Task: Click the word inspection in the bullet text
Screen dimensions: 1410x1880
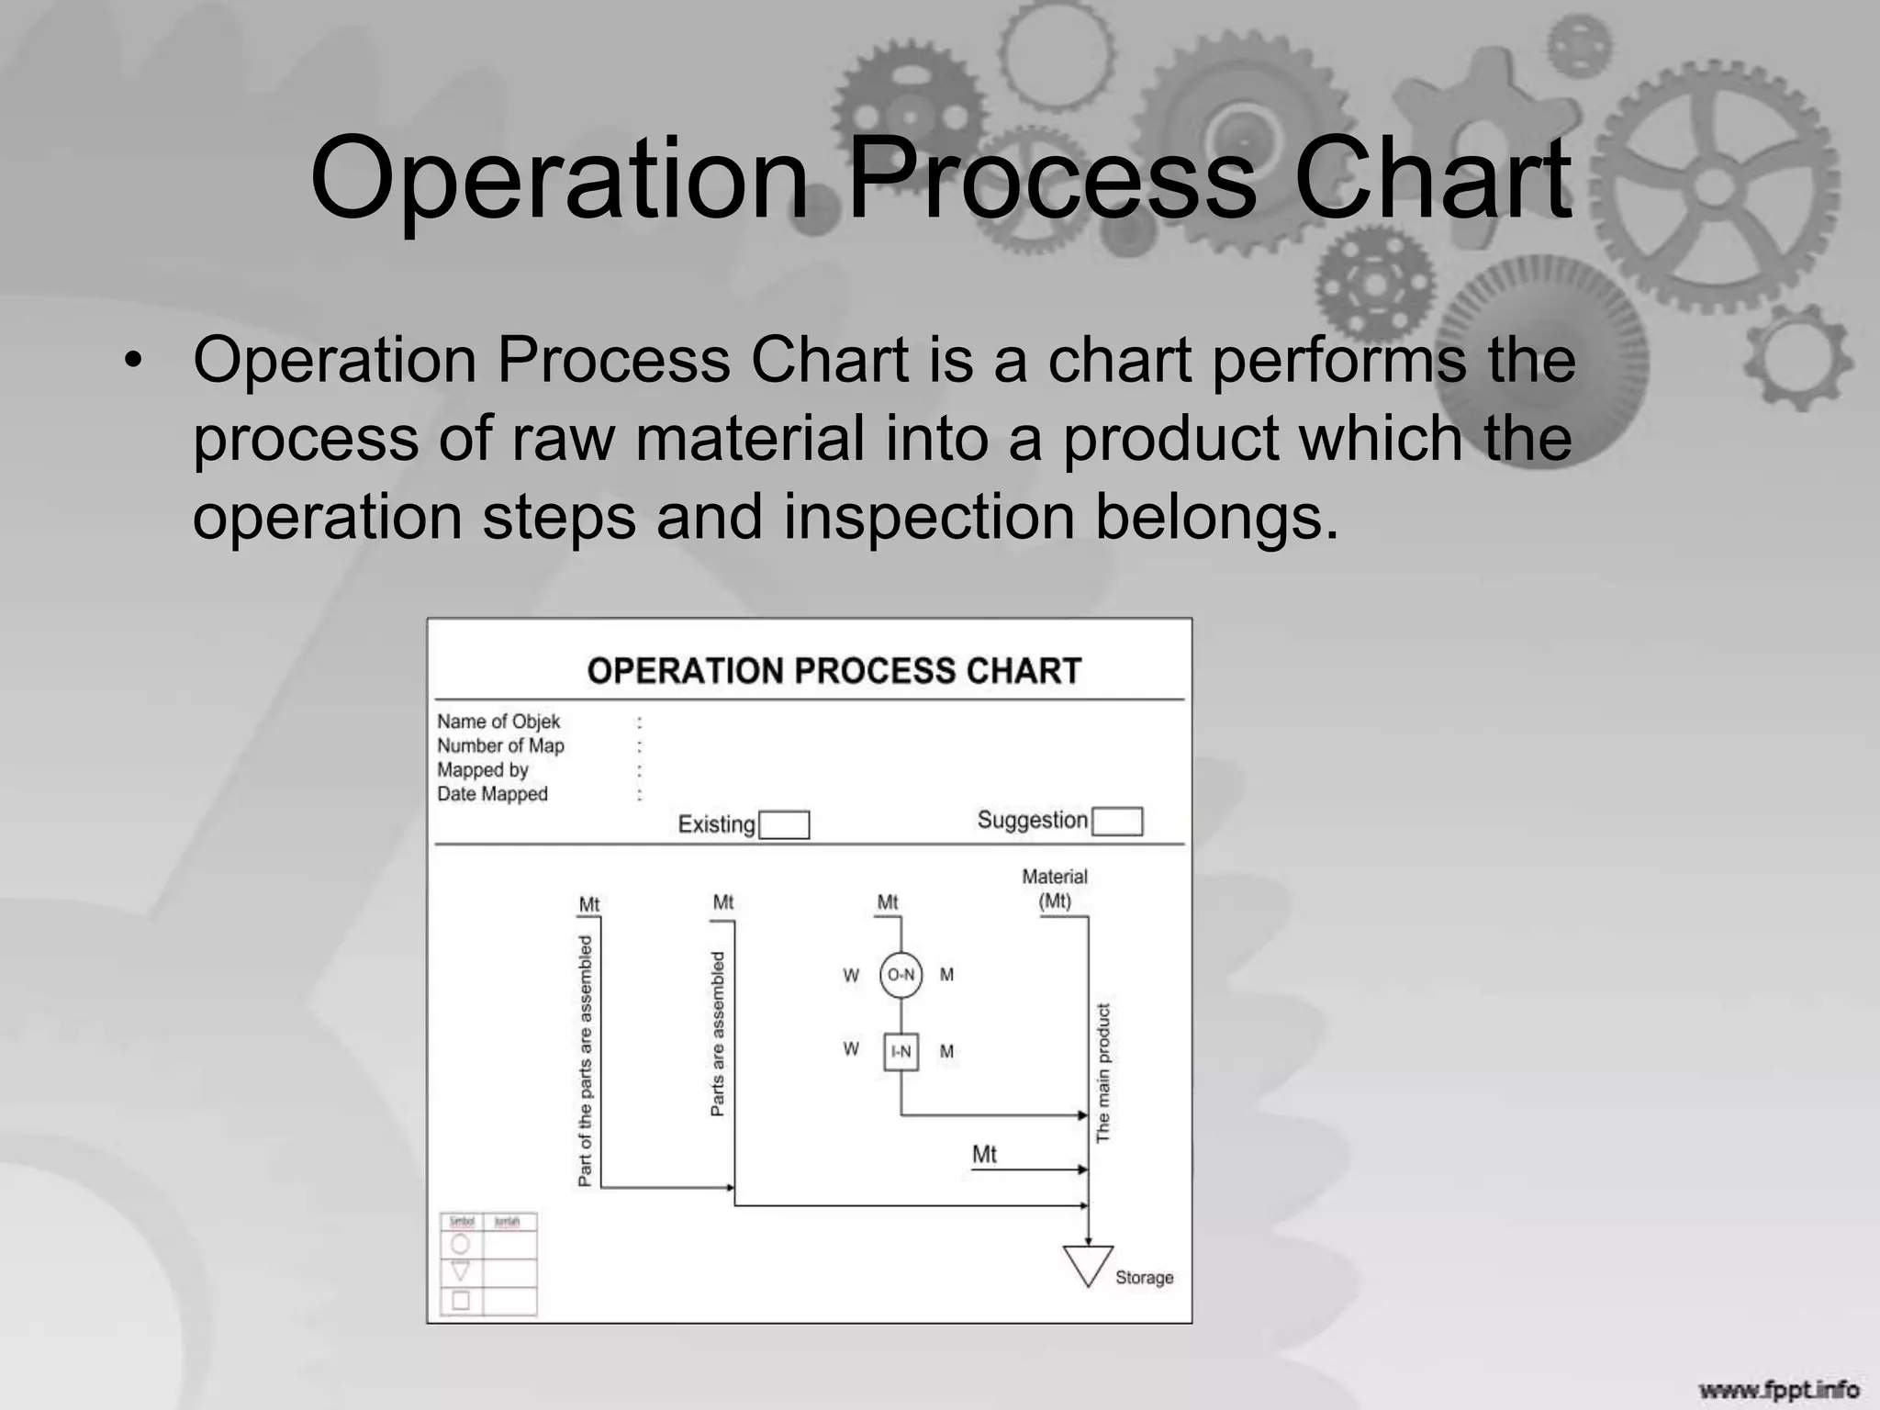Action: click(x=928, y=517)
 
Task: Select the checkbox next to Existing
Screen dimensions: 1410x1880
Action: click(x=784, y=824)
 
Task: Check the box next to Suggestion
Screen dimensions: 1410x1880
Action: click(x=1117, y=821)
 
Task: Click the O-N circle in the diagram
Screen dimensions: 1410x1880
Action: click(x=901, y=975)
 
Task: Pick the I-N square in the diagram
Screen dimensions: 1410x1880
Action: click(x=901, y=1051)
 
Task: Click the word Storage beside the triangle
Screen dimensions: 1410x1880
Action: click(x=1144, y=1277)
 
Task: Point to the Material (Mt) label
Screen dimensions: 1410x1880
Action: click(x=1055, y=889)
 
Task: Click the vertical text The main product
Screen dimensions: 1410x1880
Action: click(x=1103, y=1072)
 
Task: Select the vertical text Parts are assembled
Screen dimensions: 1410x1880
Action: click(x=718, y=1034)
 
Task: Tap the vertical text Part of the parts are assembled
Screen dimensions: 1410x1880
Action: click(x=586, y=1060)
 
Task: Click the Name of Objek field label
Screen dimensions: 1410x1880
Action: click(x=498, y=722)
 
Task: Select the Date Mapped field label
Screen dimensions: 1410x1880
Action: click(x=492, y=794)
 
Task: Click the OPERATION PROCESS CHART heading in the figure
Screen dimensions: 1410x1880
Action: click(x=834, y=671)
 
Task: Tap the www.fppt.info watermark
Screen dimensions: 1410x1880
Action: click(x=1778, y=1389)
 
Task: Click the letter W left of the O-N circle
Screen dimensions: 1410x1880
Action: click(x=851, y=975)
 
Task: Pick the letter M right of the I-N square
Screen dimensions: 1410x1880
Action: click(x=946, y=1051)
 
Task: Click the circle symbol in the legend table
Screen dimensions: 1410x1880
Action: click(x=461, y=1244)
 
